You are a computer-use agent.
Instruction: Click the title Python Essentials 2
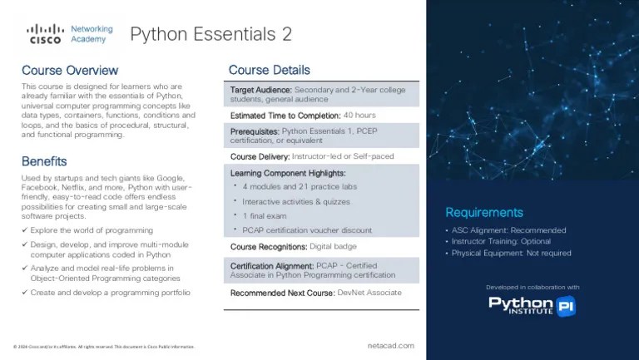(x=211, y=34)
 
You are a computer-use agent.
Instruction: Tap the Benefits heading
(x=44, y=161)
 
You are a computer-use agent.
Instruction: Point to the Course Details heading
(x=269, y=70)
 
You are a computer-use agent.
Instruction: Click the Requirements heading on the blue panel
(x=484, y=212)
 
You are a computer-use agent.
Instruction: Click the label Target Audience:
(x=261, y=90)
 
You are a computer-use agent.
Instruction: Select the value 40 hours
(x=359, y=116)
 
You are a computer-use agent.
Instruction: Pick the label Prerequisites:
(x=255, y=131)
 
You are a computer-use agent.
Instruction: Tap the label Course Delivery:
(x=260, y=156)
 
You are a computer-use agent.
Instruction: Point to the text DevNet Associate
(x=369, y=293)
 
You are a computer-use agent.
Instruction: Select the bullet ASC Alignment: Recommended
(x=508, y=230)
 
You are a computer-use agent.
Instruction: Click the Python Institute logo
(x=532, y=305)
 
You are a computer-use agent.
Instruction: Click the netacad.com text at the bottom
(x=390, y=345)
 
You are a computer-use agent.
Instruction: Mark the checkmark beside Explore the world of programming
(x=25, y=230)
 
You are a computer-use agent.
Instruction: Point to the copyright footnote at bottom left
(x=104, y=347)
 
